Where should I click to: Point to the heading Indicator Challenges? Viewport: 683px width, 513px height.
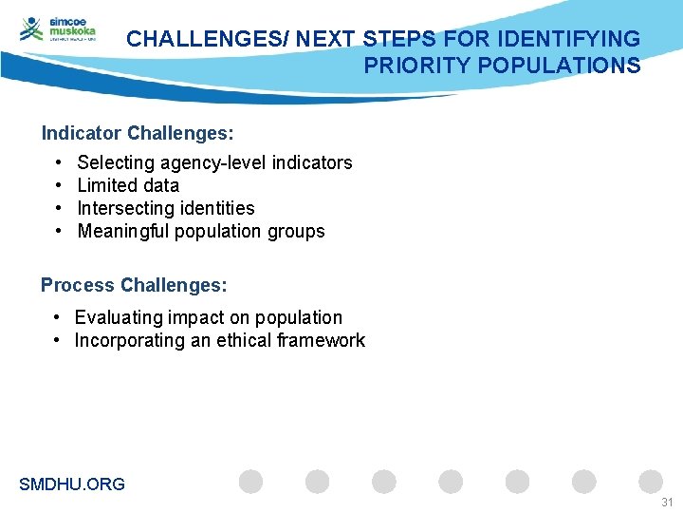(x=138, y=132)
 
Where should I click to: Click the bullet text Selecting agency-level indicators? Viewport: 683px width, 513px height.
(x=214, y=162)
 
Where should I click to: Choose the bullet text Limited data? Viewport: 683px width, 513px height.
(x=128, y=185)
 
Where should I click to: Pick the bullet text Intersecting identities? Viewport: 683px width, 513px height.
(x=166, y=208)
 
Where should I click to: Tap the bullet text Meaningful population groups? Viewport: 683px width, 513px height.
(x=201, y=231)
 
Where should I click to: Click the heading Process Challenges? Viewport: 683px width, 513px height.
(x=134, y=285)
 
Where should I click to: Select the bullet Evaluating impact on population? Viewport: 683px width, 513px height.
(x=209, y=317)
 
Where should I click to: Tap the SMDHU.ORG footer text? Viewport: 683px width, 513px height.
(x=72, y=484)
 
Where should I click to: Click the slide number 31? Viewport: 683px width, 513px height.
(x=667, y=502)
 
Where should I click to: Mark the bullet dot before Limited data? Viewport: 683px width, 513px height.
(x=59, y=185)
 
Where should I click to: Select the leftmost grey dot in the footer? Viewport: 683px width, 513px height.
(x=250, y=482)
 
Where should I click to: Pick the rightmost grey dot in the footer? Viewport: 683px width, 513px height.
(x=651, y=482)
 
